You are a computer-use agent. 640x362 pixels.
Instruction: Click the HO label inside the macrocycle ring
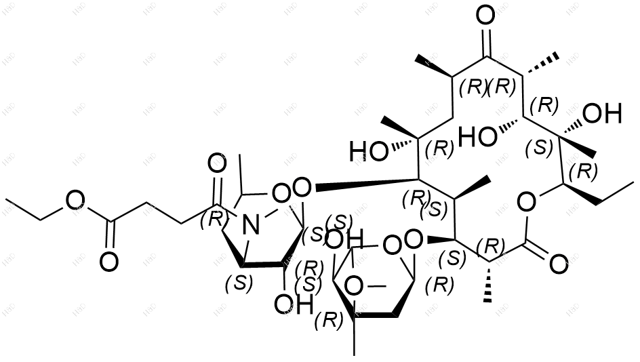(x=476, y=138)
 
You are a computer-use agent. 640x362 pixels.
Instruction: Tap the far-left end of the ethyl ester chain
(x=7, y=201)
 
